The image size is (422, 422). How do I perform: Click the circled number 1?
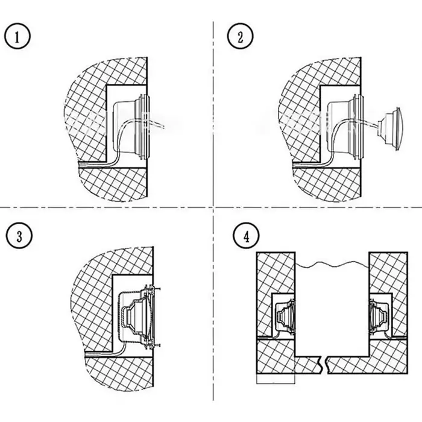[17, 36]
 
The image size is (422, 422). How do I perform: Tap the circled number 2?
[241, 36]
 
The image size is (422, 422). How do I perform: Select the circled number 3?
[19, 236]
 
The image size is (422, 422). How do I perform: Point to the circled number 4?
[246, 236]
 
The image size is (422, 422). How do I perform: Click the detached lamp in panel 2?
[389, 128]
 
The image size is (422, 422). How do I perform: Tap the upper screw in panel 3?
[154, 289]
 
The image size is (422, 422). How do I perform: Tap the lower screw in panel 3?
[154, 345]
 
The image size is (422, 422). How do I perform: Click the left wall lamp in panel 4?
[285, 315]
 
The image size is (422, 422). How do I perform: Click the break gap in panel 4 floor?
[324, 365]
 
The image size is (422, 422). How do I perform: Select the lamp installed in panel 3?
[138, 317]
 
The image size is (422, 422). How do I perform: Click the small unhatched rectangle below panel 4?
[276, 379]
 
